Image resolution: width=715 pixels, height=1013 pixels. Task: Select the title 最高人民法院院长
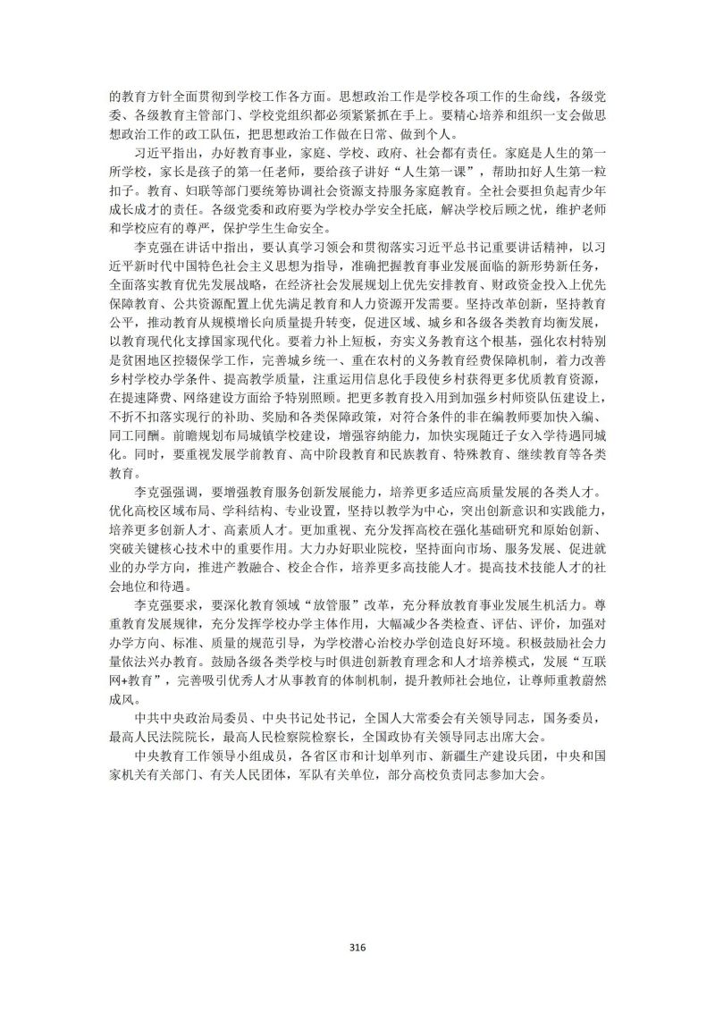pos(157,739)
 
